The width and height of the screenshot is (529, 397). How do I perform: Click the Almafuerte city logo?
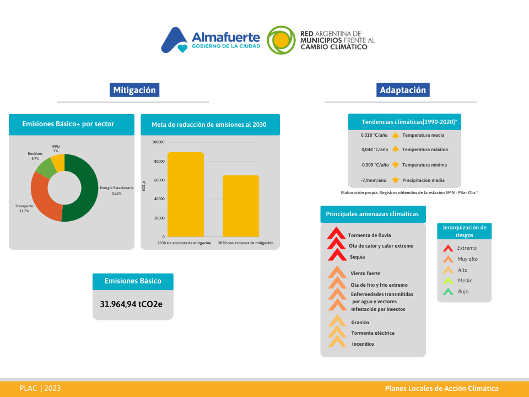210,40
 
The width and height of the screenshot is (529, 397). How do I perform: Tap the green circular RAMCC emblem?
281,40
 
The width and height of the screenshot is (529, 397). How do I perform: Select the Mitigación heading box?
134,90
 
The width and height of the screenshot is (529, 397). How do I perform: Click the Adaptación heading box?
403,90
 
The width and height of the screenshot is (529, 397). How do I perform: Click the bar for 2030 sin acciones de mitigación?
186,195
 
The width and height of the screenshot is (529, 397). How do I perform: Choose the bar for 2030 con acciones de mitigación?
241,206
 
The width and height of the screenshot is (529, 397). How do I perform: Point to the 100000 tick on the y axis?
158,142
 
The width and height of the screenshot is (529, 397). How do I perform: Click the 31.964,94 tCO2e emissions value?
131,304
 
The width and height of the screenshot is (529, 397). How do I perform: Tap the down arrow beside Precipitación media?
396,180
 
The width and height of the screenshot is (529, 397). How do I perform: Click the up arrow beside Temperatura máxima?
396,149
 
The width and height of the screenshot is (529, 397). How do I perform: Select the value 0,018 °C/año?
374,135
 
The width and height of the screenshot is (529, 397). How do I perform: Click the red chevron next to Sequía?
337,255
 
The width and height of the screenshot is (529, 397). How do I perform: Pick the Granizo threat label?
360,323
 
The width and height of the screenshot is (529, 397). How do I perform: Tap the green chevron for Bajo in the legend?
448,292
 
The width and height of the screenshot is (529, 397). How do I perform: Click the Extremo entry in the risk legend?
467,248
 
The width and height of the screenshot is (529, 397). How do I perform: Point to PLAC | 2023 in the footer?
40,388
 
